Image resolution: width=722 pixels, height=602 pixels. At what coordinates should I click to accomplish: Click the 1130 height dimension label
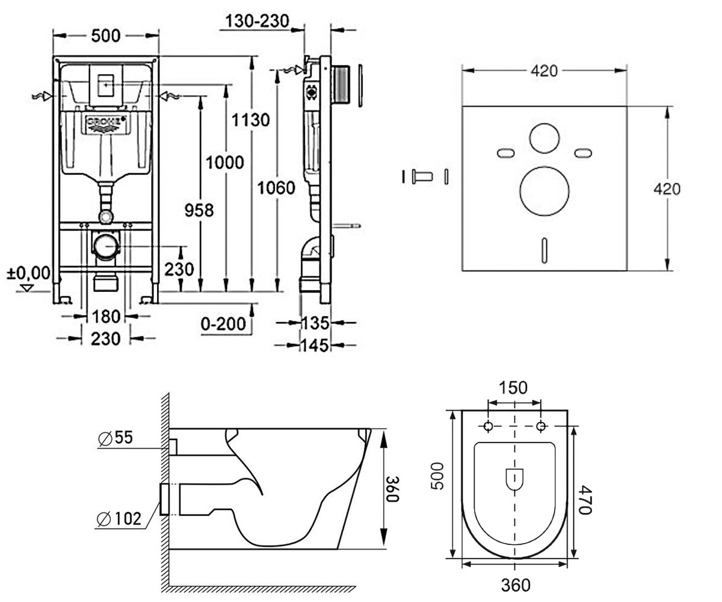point(250,120)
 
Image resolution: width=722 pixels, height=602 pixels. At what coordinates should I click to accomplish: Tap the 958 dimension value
point(199,210)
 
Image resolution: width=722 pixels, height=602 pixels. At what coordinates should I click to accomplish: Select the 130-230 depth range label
point(258,21)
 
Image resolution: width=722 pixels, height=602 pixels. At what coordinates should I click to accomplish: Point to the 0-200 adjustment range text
point(223,324)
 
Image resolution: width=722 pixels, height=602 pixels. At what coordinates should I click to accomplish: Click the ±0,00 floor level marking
point(29,273)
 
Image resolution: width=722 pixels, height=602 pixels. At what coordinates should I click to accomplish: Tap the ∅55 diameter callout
point(116,438)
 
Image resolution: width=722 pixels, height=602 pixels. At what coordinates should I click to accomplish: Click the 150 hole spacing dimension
point(513,388)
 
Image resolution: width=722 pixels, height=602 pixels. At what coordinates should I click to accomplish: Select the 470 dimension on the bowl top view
point(585,500)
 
